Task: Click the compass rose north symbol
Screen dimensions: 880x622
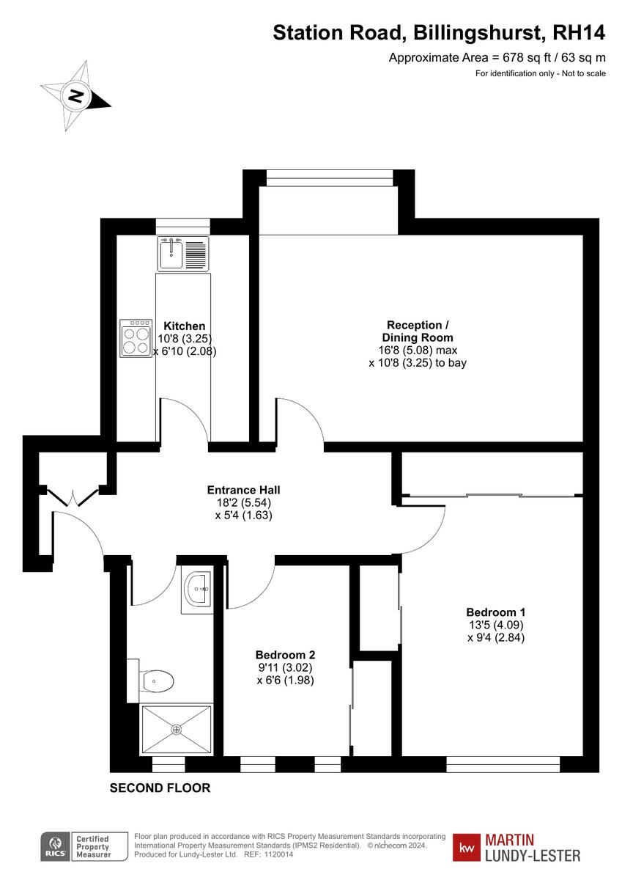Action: pyautogui.click(x=75, y=95)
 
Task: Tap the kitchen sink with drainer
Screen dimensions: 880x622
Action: pyautogui.click(x=183, y=254)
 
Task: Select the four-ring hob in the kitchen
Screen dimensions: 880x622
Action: pyautogui.click(x=136, y=338)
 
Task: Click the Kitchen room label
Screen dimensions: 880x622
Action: pyautogui.click(x=184, y=326)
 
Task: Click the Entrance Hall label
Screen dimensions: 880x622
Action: pyautogui.click(x=243, y=490)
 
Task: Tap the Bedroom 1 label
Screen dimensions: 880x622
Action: pyautogui.click(x=495, y=612)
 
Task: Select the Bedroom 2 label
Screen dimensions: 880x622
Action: pyautogui.click(x=285, y=655)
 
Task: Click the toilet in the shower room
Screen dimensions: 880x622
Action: pyautogui.click(x=157, y=681)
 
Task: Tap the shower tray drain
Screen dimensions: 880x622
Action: pyautogui.click(x=176, y=729)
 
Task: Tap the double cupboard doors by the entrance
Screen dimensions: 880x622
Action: pyautogui.click(x=73, y=497)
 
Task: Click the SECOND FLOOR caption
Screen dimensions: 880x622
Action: pyautogui.click(x=160, y=788)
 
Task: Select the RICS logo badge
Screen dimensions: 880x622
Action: pyautogui.click(x=54, y=846)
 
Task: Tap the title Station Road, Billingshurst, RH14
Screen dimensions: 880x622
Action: pyautogui.click(x=439, y=33)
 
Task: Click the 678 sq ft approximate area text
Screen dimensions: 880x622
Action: pyautogui.click(x=497, y=58)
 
